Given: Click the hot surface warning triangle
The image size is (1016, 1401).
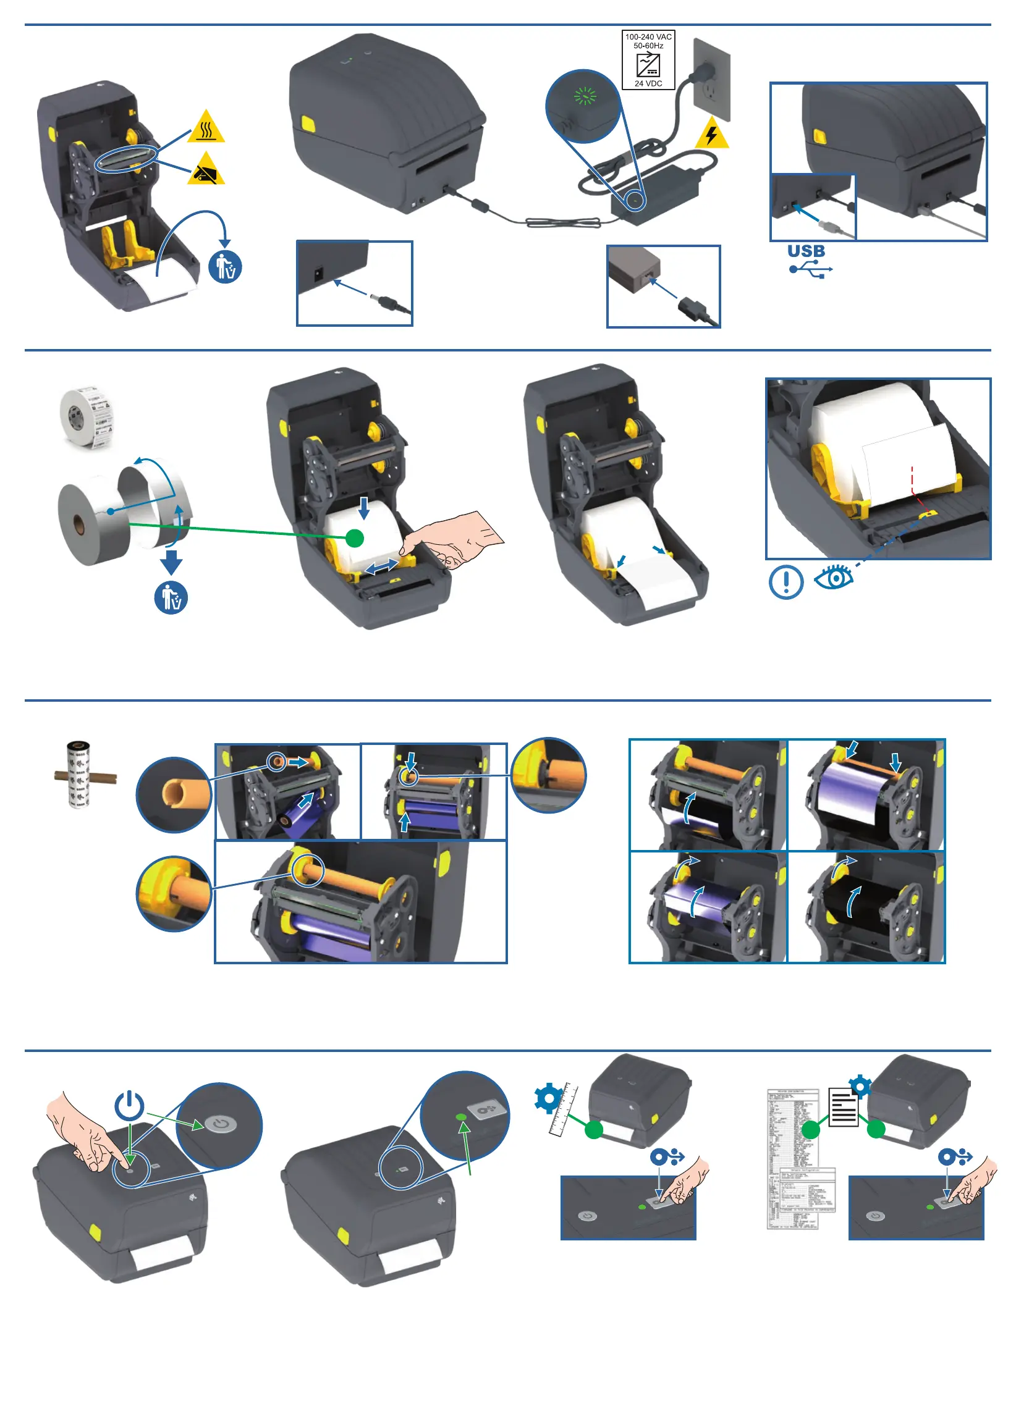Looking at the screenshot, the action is coord(206,128).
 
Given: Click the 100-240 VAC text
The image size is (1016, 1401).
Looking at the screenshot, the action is coord(648,37).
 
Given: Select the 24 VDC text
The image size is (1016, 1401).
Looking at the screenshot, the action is coord(648,83).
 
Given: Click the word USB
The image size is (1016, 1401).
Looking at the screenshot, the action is coord(806,251).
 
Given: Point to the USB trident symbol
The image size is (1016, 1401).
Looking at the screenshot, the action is coord(811,269).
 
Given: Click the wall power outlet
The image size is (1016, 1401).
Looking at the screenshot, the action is coord(712,79).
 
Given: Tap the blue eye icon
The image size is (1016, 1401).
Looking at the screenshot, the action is coord(834,579).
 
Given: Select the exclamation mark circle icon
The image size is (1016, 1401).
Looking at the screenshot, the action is coord(786,581).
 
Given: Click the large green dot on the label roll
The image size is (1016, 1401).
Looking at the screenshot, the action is coord(355,538).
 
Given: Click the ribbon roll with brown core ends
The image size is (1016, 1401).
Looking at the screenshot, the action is coord(79,774).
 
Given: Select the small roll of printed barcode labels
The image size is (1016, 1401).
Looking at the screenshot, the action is coord(87,418).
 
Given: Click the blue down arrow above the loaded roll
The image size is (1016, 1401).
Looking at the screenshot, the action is coord(364,508).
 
